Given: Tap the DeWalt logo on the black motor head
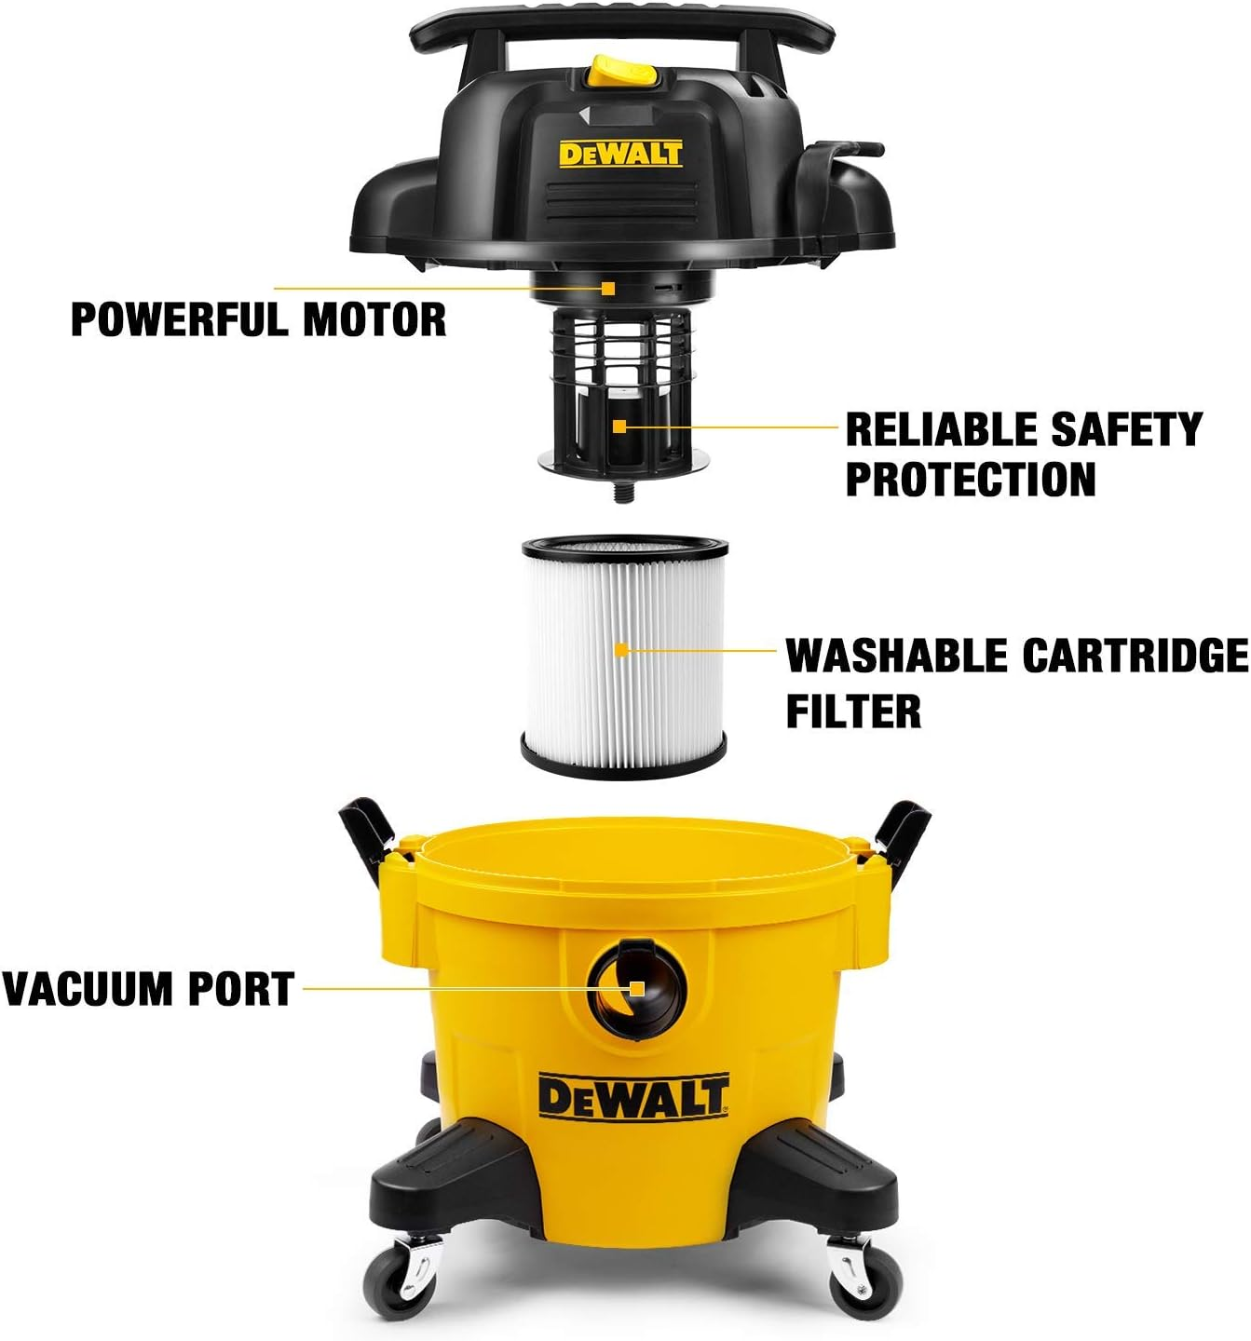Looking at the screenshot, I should [620, 153].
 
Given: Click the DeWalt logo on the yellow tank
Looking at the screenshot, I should [632, 1096].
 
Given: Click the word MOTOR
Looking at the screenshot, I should [374, 319].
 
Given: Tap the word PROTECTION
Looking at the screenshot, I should [970, 479].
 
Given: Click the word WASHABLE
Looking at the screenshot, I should [897, 656].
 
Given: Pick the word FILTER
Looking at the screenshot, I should [853, 711].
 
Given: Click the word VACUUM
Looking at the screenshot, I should [88, 989].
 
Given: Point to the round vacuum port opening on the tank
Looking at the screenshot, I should [636, 987].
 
